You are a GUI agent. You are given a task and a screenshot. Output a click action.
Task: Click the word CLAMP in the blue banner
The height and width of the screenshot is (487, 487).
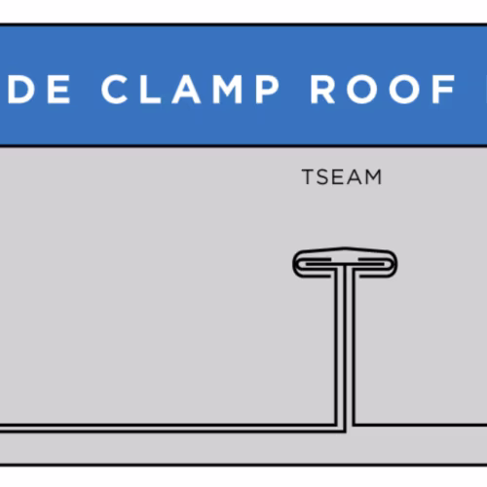pyautogui.click(x=190, y=90)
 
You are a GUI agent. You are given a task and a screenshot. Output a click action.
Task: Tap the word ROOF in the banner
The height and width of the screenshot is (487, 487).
pyautogui.click(x=383, y=90)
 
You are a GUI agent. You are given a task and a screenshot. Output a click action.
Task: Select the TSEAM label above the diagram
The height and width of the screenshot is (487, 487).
pyautogui.click(x=342, y=177)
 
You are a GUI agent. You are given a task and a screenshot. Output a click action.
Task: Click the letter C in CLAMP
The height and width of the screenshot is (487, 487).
pyautogui.click(x=114, y=90)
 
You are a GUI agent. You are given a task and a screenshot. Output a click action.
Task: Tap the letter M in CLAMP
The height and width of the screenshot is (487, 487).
pyautogui.click(x=227, y=90)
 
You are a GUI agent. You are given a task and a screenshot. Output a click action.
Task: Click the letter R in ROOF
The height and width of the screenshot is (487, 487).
pyautogui.click(x=322, y=90)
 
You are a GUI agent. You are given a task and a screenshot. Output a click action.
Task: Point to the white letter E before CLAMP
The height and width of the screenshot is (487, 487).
pyautogui.click(x=58, y=90)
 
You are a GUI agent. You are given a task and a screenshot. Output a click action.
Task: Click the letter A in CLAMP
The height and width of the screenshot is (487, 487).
pyautogui.click(x=186, y=90)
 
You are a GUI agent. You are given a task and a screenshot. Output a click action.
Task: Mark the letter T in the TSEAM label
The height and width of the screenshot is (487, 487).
pyautogui.click(x=308, y=177)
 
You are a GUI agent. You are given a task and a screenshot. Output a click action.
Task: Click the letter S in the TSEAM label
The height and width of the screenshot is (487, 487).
pyautogui.click(x=323, y=177)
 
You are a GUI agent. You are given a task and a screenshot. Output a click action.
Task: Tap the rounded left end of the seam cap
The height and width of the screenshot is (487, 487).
pyautogui.click(x=295, y=264)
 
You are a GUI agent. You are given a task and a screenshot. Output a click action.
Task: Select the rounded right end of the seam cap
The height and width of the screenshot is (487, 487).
pyautogui.click(x=394, y=264)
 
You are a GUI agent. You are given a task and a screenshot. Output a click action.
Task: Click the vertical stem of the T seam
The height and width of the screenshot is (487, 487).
pyautogui.click(x=345, y=349)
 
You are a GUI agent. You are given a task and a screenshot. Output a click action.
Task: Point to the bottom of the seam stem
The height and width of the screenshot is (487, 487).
pyautogui.click(x=345, y=431)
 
